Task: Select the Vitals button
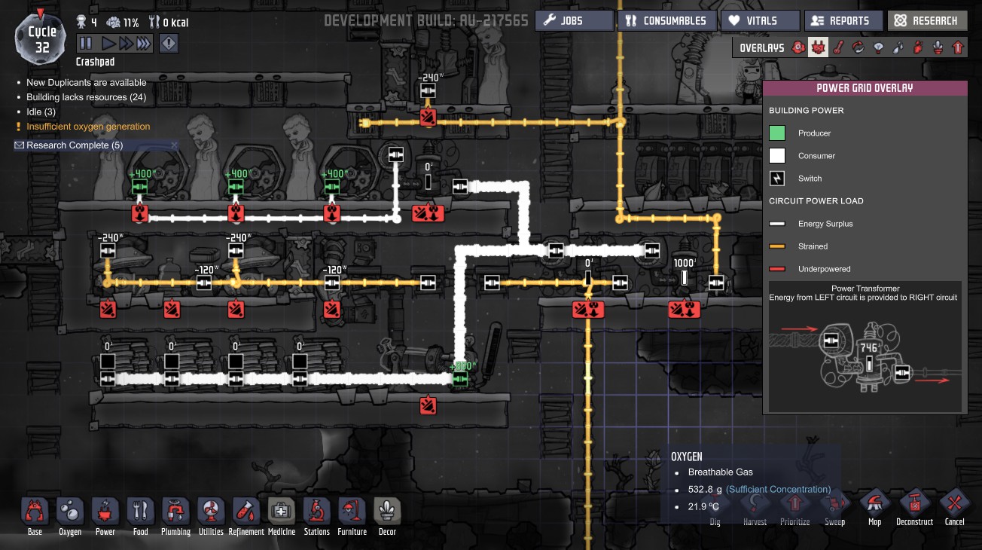point(761,21)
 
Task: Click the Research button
point(926,21)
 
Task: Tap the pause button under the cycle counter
point(86,44)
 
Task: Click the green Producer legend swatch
point(777,133)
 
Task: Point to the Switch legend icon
point(777,179)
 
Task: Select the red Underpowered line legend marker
point(777,269)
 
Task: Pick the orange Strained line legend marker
point(777,246)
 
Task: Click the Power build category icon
point(105,512)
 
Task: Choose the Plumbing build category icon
point(175,512)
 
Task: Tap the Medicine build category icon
point(282,512)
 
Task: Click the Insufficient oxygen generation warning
point(88,127)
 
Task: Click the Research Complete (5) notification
point(75,145)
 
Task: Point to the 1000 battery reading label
point(685,263)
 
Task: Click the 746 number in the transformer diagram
point(869,348)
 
